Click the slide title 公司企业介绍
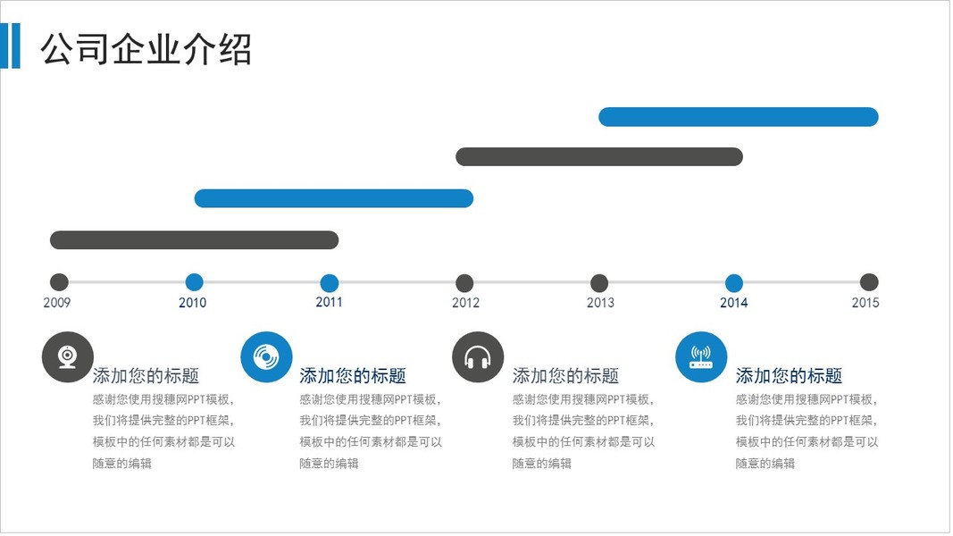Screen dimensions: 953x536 [x=146, y=49]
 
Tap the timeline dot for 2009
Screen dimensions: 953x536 [x=59, y=282]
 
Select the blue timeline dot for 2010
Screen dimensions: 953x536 [x=194, y=282]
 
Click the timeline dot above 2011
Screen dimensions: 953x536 [x=329, y=282]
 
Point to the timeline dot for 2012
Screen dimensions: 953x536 [x=464, y=283]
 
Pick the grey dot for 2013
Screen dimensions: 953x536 [x=599, y=283]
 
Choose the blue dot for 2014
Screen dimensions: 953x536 [x=734, y=283]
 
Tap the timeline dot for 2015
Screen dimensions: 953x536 [x=869, y=282]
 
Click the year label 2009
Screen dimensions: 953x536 [x=57, y=303]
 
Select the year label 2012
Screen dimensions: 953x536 [x=465, y=303]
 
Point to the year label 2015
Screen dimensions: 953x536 [x=865, y=303]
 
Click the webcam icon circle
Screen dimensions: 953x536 [x=68, y=356]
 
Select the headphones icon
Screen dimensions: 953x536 [x=478, y=357]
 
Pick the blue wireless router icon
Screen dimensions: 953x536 [x=701, y=357]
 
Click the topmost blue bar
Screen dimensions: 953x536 [x=739, y=117]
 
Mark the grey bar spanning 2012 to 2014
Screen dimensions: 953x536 [x=599, y=157]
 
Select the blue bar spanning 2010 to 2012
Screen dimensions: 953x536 [x=333, y=198]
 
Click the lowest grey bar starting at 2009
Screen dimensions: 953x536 [x=195, y=239]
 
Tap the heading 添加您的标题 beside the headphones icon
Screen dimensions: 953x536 [x=565, y=376]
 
